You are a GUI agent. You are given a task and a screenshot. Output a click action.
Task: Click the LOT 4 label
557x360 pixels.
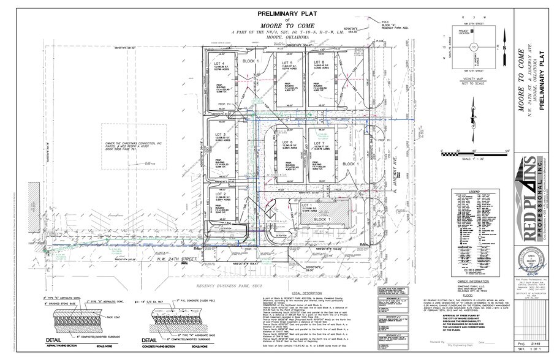pyautogui.click(x=217, y=63)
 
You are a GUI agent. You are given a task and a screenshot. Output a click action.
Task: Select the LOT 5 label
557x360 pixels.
pyautogui.click(x=285, y=63)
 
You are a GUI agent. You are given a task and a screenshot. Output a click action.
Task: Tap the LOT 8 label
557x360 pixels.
pyautogui.click(x=319, y=63)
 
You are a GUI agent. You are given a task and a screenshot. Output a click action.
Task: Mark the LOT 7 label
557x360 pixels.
pyautogui.click(x=319, y=127)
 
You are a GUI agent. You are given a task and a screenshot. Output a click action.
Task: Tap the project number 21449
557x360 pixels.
pyautogui.click(x=539, y=344)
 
